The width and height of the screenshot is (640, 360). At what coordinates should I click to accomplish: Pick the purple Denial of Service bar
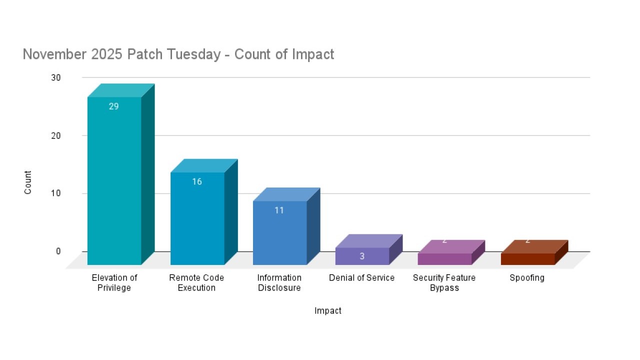pyautogui.click(x=362, y=256)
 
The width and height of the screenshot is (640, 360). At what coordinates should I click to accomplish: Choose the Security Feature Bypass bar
pyautogui.click(x=444, y=258)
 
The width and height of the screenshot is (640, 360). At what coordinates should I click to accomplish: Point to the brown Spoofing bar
pyautogui.click(x=527, y=258)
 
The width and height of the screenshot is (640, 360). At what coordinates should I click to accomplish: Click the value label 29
pyautogui.click(x=114, y=106)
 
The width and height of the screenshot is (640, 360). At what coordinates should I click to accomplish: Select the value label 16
pyautogui.click(x=197, y=181)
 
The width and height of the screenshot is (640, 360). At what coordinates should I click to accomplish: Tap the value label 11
pyautogui.click(x=279, y=210)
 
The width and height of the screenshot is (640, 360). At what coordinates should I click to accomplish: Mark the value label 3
pyautogui.click(x=362, y=256)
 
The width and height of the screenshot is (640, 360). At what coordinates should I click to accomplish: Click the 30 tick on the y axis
pyautogui.click(x=55, y=77)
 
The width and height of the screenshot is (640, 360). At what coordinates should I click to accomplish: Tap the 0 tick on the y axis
pyautogui.click(x=58, y=251)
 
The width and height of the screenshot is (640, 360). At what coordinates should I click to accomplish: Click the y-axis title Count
pyautogui.click(x=28, y=182)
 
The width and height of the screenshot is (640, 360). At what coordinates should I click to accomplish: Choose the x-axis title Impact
pyautogui.click(x=328, y=311)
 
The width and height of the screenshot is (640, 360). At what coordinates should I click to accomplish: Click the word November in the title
pyautogui.click(x=55, y=54)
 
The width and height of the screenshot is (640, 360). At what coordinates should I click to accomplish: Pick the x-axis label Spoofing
pyautogui.click(x=527, y=278)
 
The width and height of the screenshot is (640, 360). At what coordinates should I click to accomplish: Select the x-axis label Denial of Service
pyautogui.click(x=361, y=278)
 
